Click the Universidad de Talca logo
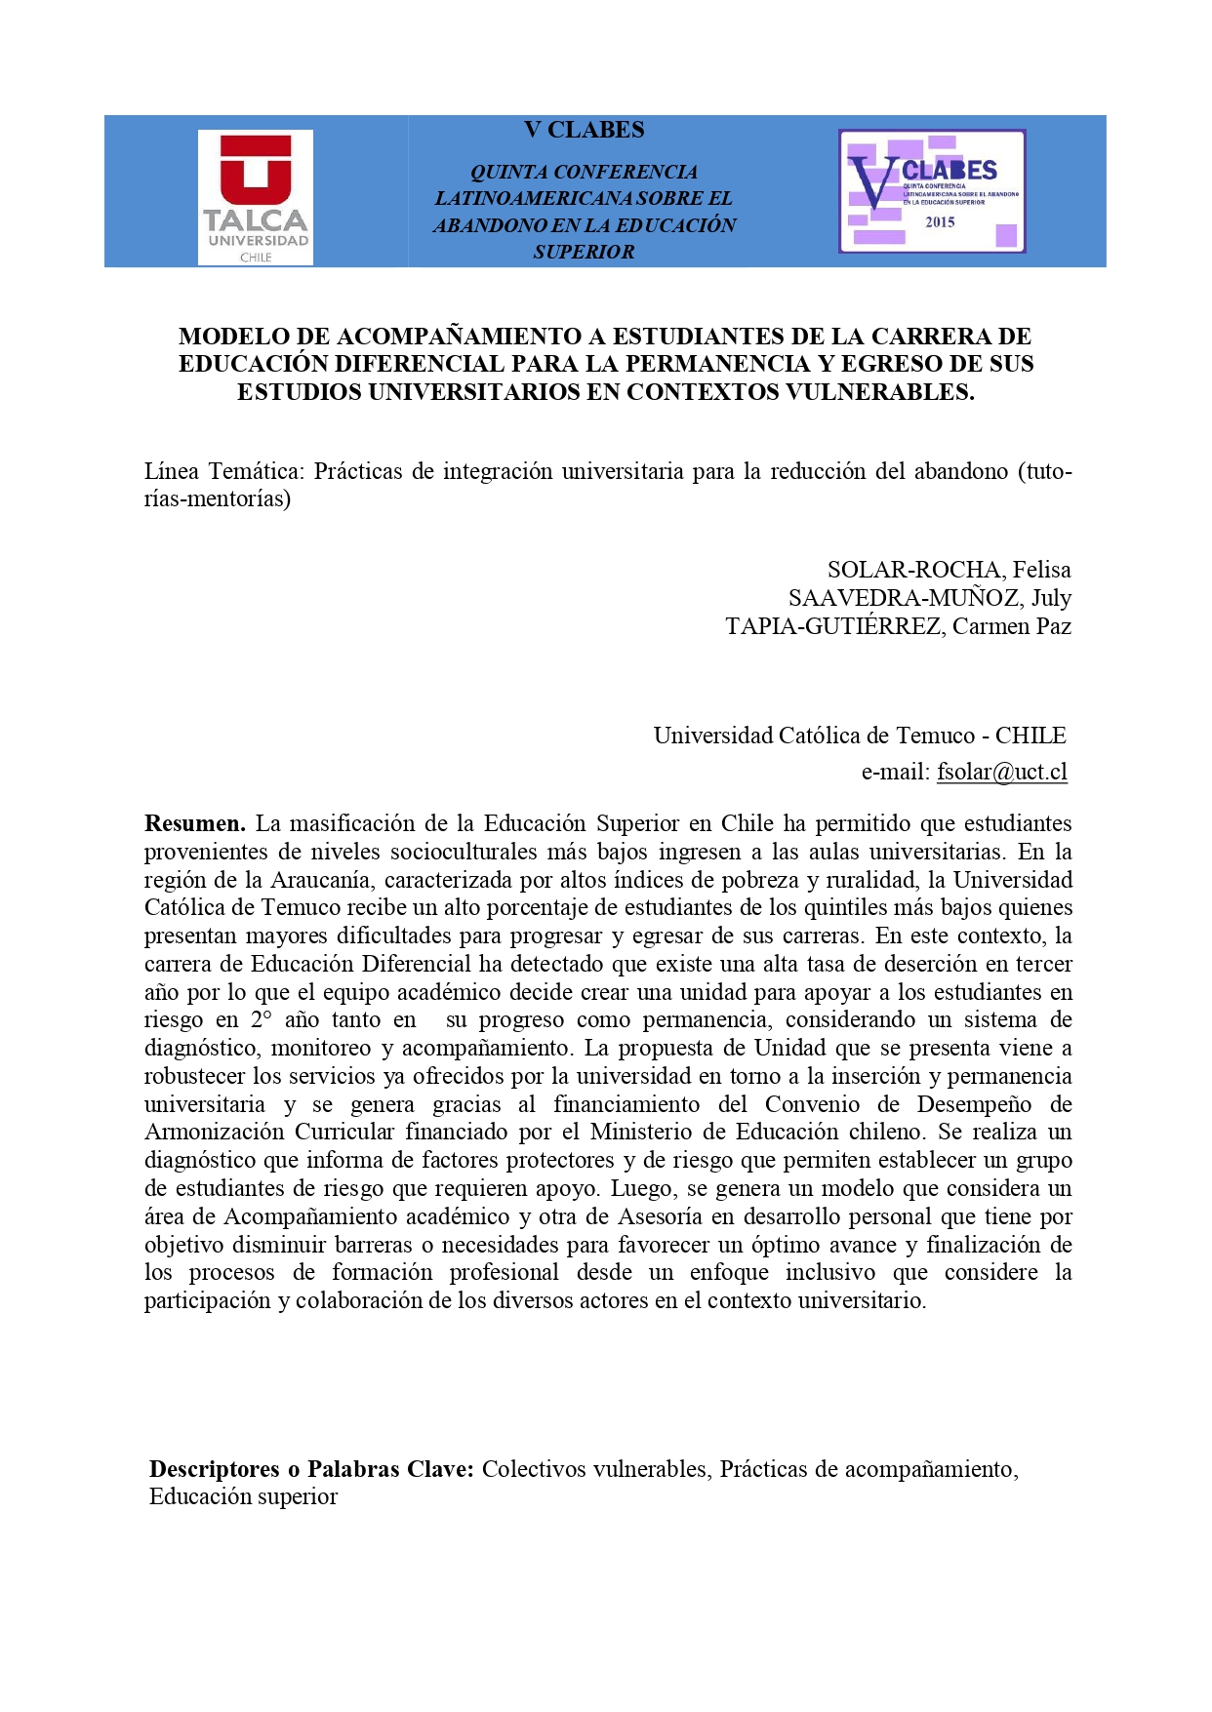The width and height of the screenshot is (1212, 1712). pos(256,197)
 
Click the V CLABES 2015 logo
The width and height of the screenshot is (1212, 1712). pos(932,191)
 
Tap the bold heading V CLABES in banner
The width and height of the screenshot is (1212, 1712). pos(584,130)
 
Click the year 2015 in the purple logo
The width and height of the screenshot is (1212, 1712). pos(940,222)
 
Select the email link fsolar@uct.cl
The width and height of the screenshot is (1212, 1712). pos(1001,772)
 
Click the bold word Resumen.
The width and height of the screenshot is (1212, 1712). pos(194,823)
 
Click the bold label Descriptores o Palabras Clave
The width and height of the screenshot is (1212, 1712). pos(311,1469)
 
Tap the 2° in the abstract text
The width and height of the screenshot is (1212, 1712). pos(261,1020)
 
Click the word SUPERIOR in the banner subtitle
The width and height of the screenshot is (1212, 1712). pos(584,252)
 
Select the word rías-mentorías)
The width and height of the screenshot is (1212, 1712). pos(218,499)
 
